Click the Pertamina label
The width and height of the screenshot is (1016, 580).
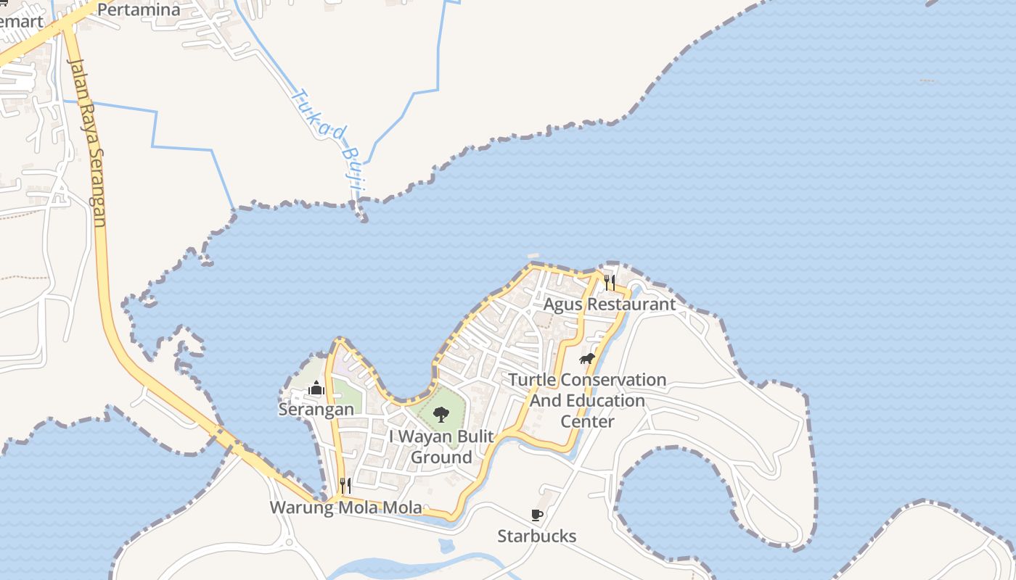(138, 9)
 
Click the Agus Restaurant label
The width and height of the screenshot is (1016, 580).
(609, 304)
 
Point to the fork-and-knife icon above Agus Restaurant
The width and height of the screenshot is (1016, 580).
(610, 282)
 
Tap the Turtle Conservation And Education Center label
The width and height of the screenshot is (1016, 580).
(587, 400)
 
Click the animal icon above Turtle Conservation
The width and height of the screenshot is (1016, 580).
(587, 359)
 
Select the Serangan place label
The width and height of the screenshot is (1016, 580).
(316, 410)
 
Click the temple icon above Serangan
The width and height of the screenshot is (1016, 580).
(316, 389)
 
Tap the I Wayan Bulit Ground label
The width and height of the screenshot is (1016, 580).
(441, 447)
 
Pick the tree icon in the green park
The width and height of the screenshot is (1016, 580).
(441, 415)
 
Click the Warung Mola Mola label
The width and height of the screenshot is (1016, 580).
(345, 507)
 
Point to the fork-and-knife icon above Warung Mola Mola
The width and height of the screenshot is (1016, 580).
(345, 485)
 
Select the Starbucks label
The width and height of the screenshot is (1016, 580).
(536, 536)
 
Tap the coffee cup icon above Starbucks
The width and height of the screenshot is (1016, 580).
(536, 515)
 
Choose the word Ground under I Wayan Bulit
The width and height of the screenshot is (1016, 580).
(441, 457)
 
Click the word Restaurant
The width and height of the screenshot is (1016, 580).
(631, 304)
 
